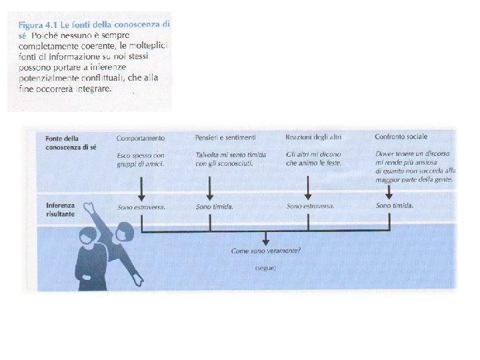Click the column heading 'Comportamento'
click(x=140, y=138)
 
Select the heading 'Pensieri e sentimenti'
click(x=225, y=138)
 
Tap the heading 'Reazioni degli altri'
click(x=313, y=137)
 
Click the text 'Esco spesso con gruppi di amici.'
click(x=140, y=159)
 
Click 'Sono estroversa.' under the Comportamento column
click(x=141, y=207)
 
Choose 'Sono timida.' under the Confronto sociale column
click(x=395, y=206)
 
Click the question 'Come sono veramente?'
click(x=265, y=251)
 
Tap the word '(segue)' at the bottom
click(x=265, y=268)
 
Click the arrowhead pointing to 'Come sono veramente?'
click(x=265, y=241)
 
